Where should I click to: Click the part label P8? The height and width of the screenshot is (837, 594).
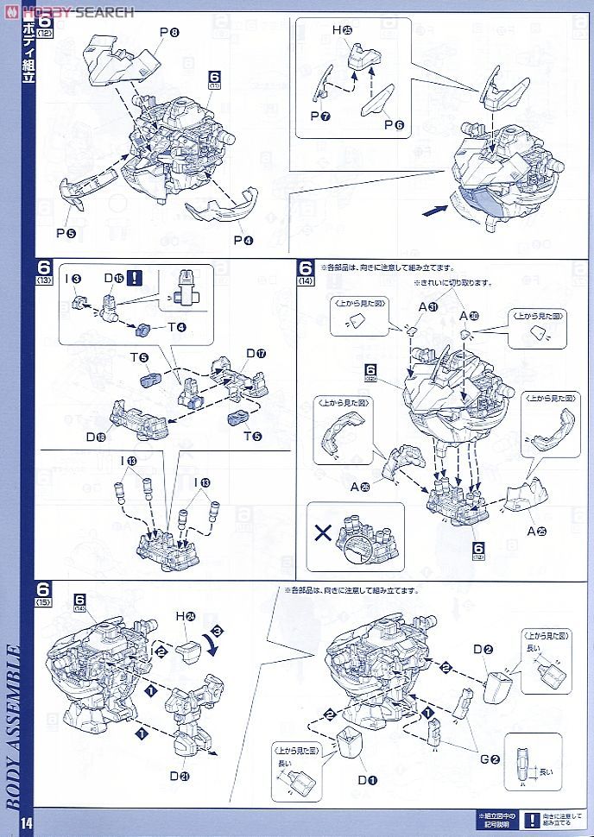(x=169, y=34)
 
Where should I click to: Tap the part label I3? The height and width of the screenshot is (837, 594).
(x=76, y=279)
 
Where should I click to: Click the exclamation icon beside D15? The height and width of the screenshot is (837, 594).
(x=136, y=278)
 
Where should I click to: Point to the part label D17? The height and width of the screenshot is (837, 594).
(x=256, y=353)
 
